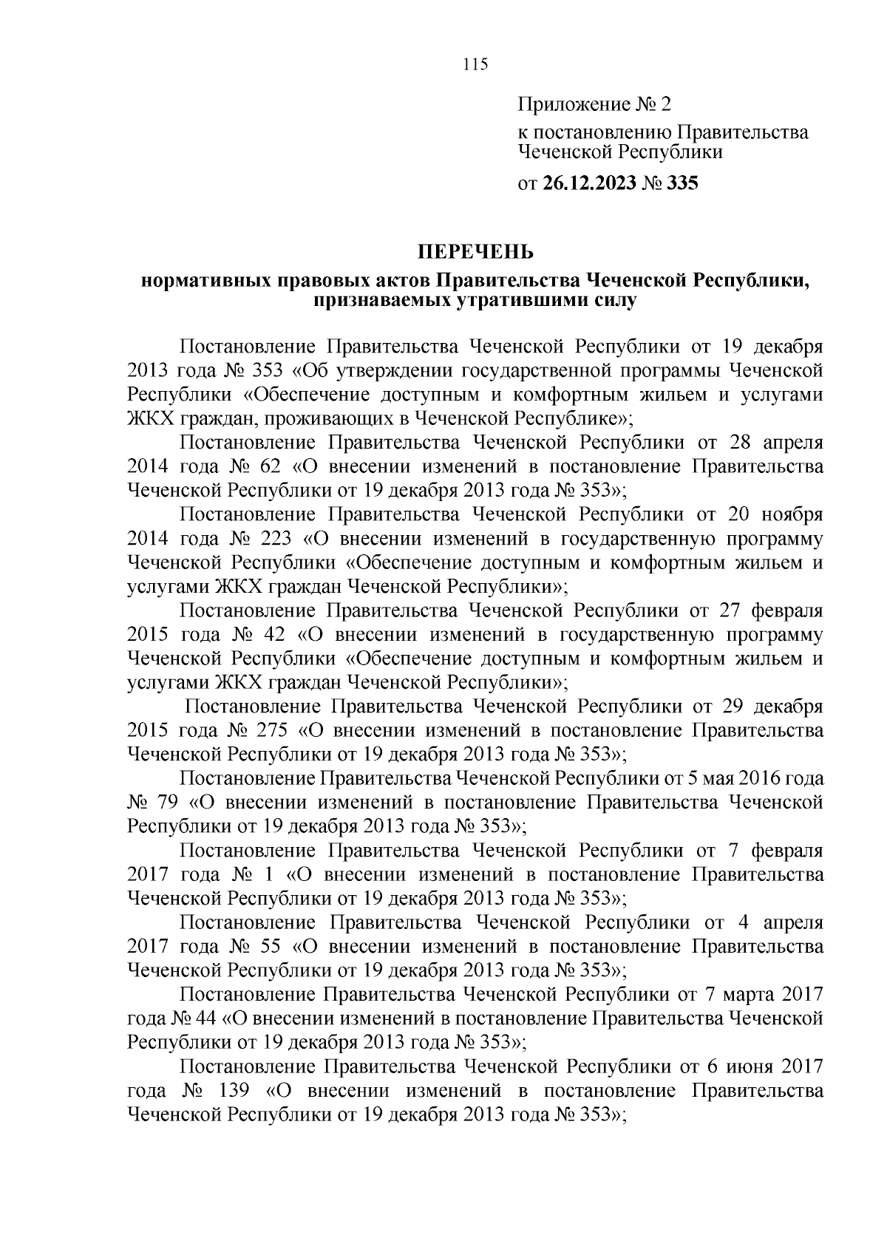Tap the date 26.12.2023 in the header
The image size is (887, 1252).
click(x=590, y=183)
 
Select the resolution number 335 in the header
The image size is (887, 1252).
click(x=682, y=183)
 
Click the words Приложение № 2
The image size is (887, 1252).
click(x=594, y=104)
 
